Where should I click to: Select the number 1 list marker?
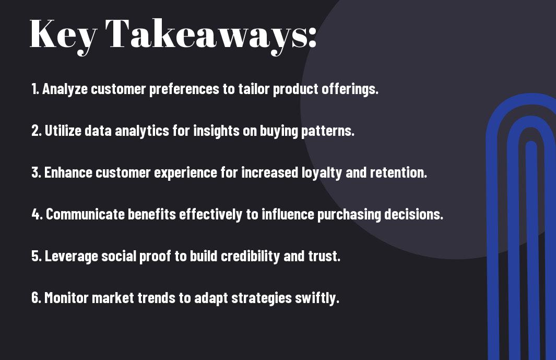pyautogui.click(x=35, y=89)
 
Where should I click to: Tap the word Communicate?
pyautogui.click(x=85, y=214)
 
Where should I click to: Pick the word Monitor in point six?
pyautogui.click(x=66, y=298)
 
